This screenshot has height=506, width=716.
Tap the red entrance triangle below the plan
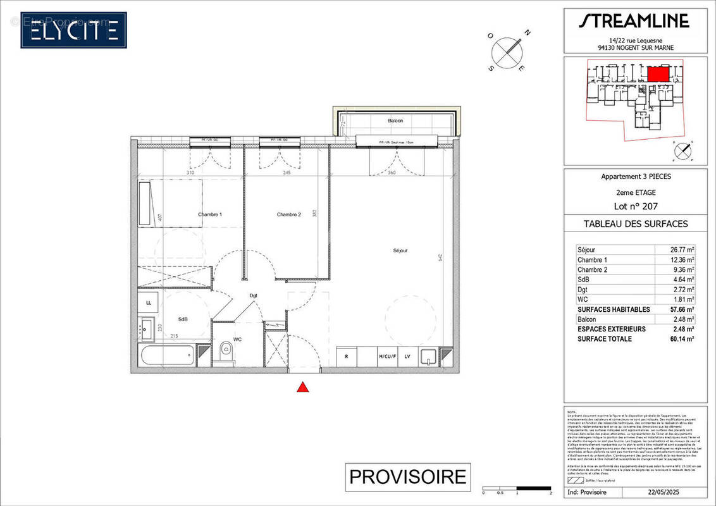point(303,387)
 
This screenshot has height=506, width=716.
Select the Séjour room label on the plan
point(399,250)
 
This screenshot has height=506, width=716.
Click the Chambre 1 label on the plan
point(210,214)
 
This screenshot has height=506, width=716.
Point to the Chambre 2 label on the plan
point(288,214)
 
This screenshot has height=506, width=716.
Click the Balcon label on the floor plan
point(395,120)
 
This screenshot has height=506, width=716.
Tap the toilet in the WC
point(224,352)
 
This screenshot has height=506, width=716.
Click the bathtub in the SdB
point(168,354)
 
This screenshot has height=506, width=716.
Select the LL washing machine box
point(149,303)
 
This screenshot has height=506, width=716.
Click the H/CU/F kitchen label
point(386,357)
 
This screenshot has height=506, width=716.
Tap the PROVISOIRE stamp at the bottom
point(408,476)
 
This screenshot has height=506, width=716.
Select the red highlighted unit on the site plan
point(658,73)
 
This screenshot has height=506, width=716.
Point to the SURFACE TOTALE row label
point(604,339)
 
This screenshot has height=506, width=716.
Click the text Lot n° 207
point(634,206)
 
